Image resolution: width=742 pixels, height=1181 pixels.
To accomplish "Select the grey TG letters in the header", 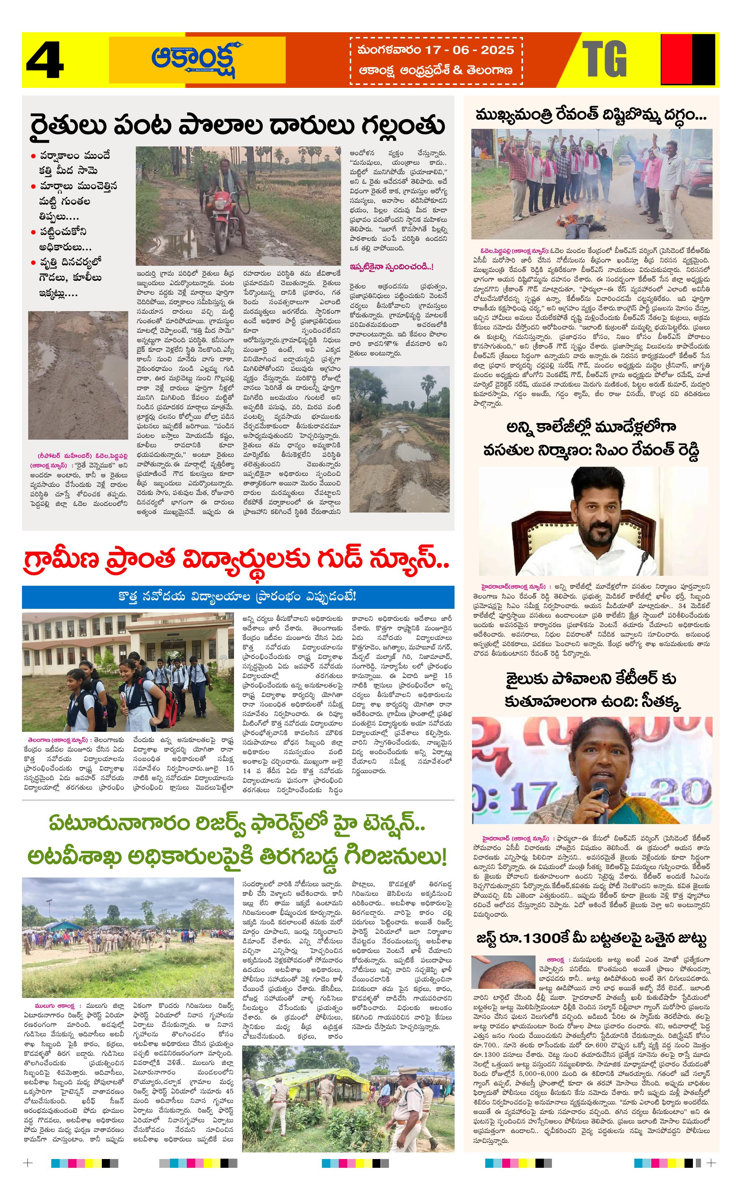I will coord(605,59).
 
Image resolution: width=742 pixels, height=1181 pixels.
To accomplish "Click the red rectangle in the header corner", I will coord(676,60).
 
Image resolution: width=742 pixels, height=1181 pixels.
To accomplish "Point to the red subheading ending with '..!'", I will coord(391,267).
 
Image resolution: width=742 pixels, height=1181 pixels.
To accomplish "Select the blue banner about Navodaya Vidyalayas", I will coord(238,596).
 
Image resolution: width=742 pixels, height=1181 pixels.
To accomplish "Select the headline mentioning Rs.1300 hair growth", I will coord(591,939).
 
